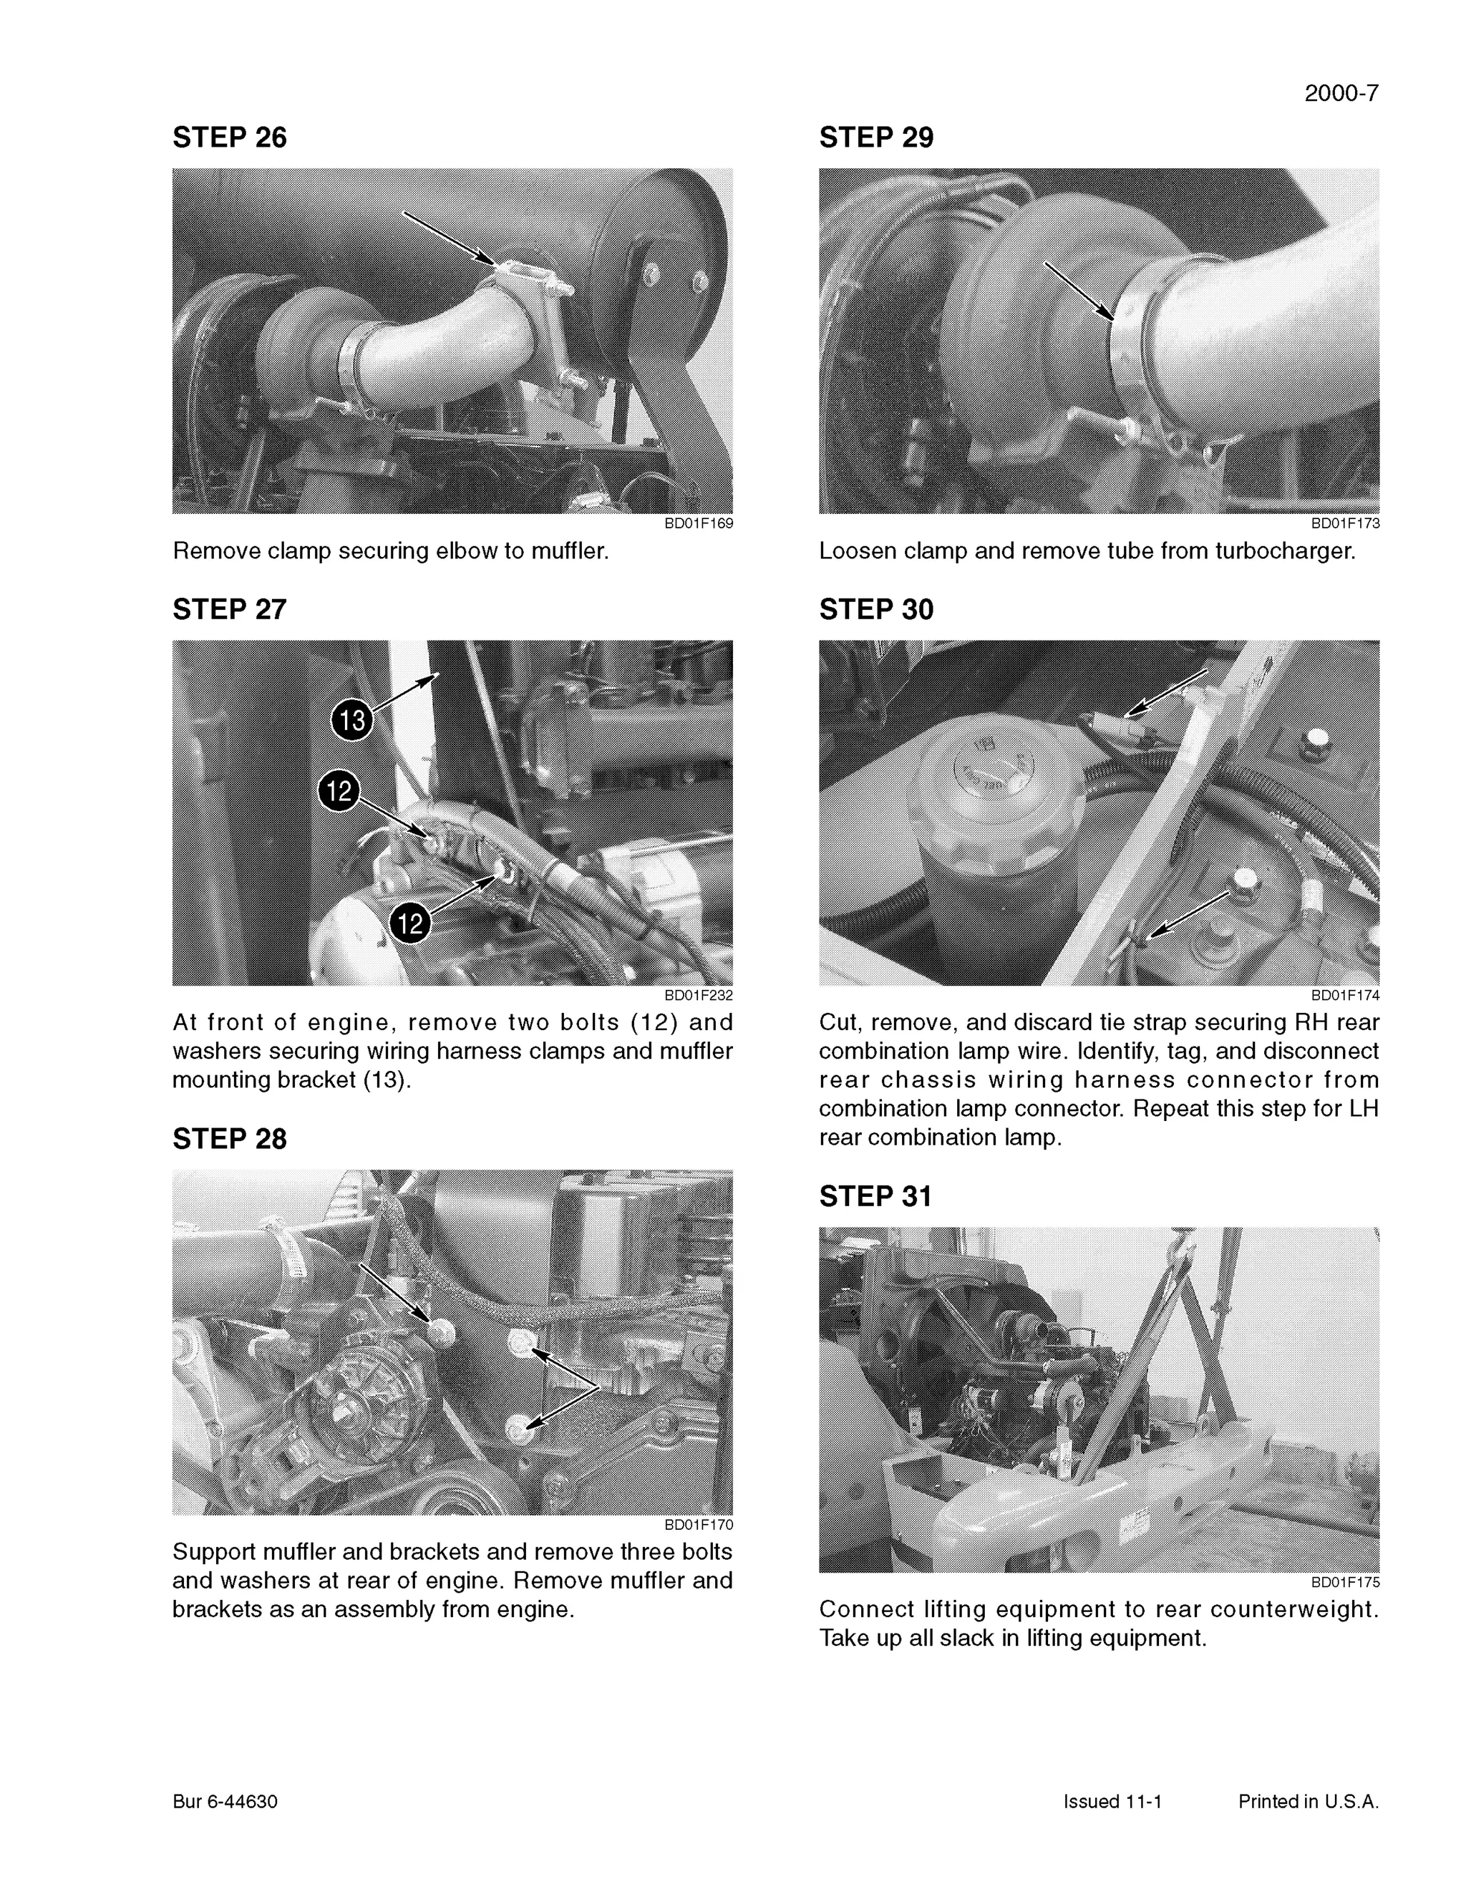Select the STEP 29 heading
click(x=875, y=137)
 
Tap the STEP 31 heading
click(x=875, y=1196)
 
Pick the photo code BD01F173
click(x=1344, y=524)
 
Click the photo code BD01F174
click(x=1344, y=996)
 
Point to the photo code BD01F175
click(x=1344, y=1583)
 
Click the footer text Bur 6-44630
click(x=225, y=1802)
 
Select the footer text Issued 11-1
click(x=1112, y=1802)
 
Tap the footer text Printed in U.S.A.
click(x=1308, y=1802)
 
